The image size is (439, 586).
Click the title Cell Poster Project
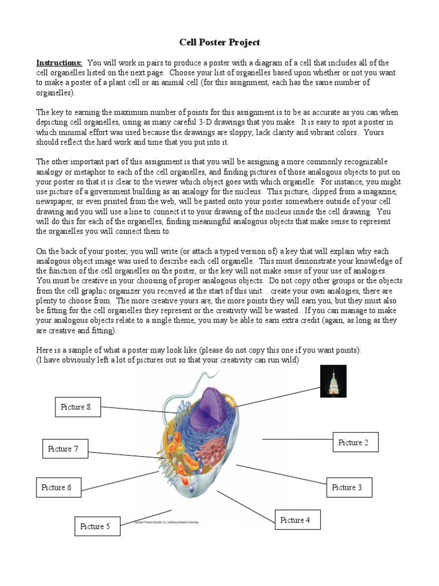(220, 42)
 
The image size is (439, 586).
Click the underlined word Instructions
(59, 62)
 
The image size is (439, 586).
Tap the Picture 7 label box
(65, 449)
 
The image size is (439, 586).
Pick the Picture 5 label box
(97, 526)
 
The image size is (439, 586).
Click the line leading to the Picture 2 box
(297, 439)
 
